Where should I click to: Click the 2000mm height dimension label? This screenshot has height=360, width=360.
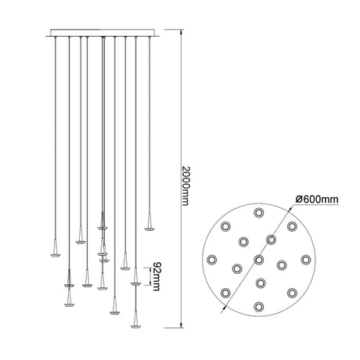pyautogui.click(x=185, y=185)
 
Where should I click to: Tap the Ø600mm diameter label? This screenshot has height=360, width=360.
pyautogui.click(x=317, y=200)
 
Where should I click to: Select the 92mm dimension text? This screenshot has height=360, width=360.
pyautogui.click(x=156, y=276)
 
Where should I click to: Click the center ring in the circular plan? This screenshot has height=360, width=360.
pyautogui.click(x=259, y=260)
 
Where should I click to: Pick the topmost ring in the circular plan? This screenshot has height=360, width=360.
pyautogui.click(x=258, y=213)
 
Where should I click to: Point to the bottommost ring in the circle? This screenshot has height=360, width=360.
pyautogui.click(x=258, y=307)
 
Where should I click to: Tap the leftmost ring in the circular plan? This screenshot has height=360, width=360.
pyautogui.click(x=211, y=260)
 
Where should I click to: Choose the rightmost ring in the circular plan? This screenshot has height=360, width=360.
pyautogui.click(x=306, y=260)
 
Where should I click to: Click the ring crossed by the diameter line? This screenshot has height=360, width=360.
pyautogui.click(x=272, y=239)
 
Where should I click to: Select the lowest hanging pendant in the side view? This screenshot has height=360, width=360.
pyautogui.click(x=135, y=319)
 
